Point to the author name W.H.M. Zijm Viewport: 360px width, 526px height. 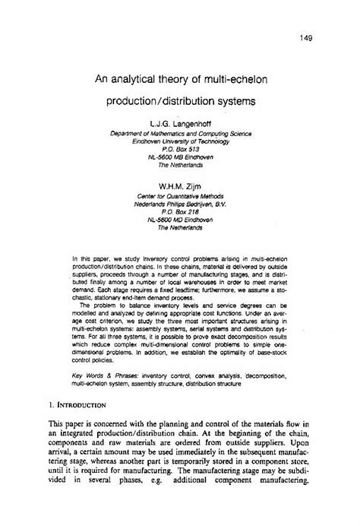[181, 184]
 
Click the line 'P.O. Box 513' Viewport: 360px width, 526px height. [181, 151]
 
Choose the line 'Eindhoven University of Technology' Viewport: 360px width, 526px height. [181, 141]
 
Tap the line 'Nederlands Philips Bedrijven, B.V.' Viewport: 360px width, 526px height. [181, 204]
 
